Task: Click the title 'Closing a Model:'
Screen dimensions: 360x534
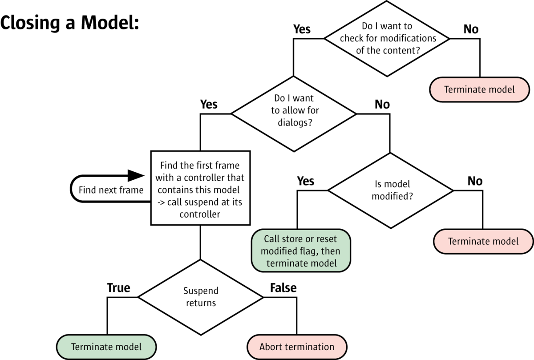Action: (x=70, y=23)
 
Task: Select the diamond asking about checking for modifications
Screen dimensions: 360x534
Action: (x=387, y=38)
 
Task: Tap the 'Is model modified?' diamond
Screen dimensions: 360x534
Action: (x=390, y=190)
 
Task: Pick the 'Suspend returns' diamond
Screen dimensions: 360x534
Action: (x=201, y=297)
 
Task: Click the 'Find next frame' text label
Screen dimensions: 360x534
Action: (x=111, y=190)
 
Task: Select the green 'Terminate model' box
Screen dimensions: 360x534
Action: (x=106, y=347)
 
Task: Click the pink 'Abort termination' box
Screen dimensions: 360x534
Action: (x=297, y=347)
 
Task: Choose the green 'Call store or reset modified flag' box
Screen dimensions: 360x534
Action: (x=301, y=251)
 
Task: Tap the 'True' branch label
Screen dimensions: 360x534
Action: (x=118, y=288)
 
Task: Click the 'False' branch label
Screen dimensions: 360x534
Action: (x=283, y=288)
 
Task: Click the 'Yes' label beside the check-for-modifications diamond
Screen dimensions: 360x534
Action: (x=302, y=29)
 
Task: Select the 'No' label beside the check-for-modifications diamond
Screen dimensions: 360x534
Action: (x=471, y=29)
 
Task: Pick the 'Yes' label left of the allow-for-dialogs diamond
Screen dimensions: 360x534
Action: (x=209, y=104)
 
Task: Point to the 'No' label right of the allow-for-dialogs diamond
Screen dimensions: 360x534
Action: (x=382, y=104)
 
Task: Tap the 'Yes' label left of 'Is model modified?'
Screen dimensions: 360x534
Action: (x=305, y=181)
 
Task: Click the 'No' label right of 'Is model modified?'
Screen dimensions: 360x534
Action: (x=475, y=181)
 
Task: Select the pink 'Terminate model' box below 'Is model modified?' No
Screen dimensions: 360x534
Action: (x=483, y=242)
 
